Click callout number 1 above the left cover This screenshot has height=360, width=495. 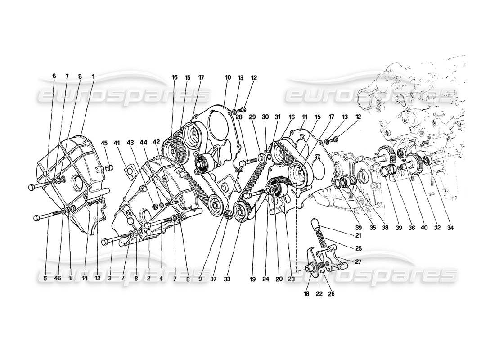point(93,77)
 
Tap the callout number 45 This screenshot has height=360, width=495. point(104,144)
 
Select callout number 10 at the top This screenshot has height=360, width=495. point(228,78)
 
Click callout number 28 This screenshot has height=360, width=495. point(238,117)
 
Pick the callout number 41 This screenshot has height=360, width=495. point(118,144)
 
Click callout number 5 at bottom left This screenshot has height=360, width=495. point(45,279)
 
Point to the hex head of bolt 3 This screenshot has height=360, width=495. point(105,242)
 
